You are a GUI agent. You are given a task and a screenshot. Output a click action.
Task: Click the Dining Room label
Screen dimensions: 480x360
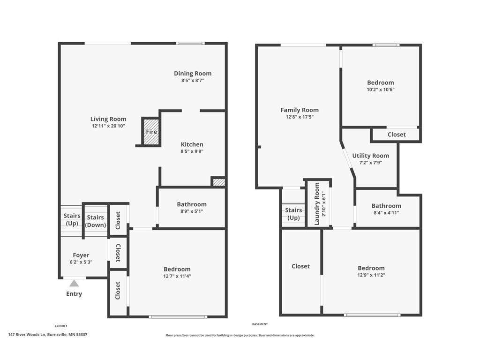coord(193,74)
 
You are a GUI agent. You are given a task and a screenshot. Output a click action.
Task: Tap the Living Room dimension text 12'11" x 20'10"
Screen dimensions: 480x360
coord(108,126)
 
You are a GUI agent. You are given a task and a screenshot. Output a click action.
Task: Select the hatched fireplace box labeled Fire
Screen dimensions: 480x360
coord(151,132)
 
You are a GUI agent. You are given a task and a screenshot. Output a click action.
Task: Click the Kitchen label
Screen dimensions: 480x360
coord(192,144)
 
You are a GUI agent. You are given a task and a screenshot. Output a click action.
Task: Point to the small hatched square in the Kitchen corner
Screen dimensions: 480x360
coord(219,182)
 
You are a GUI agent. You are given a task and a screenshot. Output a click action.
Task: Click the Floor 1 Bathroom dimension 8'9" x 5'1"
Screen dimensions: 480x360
coord(192,211)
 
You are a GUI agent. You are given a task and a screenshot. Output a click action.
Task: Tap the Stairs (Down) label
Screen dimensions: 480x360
coord(95,221)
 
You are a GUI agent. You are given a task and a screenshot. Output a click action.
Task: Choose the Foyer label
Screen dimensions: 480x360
coord(81,255)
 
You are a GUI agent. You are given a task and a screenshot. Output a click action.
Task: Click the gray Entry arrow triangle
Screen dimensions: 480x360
coord(74,283)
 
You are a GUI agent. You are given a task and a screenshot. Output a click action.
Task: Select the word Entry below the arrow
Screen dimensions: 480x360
coord(74,294)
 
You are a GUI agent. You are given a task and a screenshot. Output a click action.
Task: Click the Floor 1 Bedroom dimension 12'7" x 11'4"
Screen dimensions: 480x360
coord(177,276)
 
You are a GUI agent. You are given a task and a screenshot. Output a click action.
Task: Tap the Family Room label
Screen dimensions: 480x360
coord(300,110)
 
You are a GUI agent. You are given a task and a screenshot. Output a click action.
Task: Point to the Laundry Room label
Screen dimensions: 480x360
coord(317,204)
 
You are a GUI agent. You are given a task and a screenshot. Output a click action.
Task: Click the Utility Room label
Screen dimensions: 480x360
coord(370,156)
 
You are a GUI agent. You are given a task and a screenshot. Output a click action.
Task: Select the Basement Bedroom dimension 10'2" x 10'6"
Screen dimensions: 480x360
coord(381,90)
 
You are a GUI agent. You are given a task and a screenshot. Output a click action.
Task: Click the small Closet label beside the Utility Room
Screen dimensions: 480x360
coord(397,135)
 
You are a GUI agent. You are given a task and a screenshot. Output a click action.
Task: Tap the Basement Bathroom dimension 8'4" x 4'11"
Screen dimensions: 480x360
coord(386,213)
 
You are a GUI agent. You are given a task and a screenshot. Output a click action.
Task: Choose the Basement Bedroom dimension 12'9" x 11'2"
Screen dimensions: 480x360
coord(371,275)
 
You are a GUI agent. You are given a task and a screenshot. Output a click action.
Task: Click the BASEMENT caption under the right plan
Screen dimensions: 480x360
coord(260,324)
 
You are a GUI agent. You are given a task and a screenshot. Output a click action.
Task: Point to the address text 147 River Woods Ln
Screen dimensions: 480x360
coord(27,335)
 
